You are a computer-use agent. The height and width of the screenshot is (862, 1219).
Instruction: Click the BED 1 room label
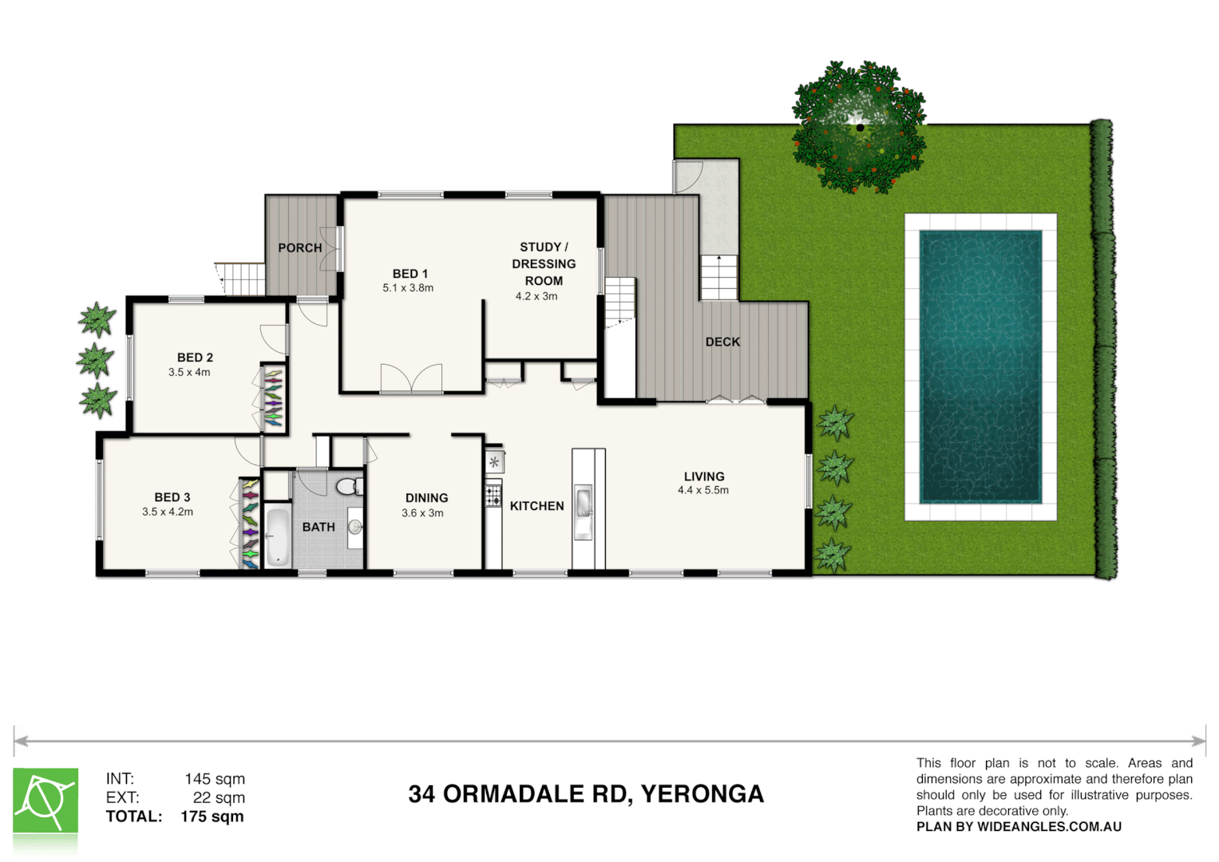click(x=410, y=274)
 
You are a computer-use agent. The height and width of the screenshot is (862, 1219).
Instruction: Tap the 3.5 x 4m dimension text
click(x=189, y=372)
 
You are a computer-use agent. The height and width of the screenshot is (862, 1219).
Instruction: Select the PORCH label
click(x=300, y=248)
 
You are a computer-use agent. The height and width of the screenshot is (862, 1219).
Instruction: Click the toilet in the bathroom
click(x=347, y=486)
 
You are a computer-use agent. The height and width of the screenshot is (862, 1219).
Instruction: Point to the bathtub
click(x=277, y=536)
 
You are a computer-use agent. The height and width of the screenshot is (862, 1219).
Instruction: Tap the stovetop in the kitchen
click(x=493, y=496)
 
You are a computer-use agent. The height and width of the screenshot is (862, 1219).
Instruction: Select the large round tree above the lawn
click(x=859, y=127)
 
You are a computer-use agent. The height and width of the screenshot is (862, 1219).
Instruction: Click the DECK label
click(x=722, y=342)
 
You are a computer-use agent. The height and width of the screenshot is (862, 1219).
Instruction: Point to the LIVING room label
click(x=703, y=476)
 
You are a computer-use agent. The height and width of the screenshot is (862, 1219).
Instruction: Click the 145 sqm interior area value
click(x=215, y=779)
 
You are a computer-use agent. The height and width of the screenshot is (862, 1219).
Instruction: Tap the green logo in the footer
click(x=46, y=801)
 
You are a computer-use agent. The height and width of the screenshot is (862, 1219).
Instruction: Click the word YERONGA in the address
click(x=702, y=794)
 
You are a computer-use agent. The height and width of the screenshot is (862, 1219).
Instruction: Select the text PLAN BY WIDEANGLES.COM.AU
click(x=1019, y=827)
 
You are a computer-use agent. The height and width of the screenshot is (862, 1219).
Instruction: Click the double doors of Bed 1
click(x=411, y=379)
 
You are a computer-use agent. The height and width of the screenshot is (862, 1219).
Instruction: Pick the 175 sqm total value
click(x=212, y=817)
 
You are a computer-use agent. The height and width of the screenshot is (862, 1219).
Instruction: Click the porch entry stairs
click(x=242, y=279)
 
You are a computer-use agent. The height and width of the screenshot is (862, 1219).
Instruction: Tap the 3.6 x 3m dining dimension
click(x=422, y=513)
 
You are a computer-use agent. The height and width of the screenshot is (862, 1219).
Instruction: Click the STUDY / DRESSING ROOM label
click(x=544, y=264)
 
